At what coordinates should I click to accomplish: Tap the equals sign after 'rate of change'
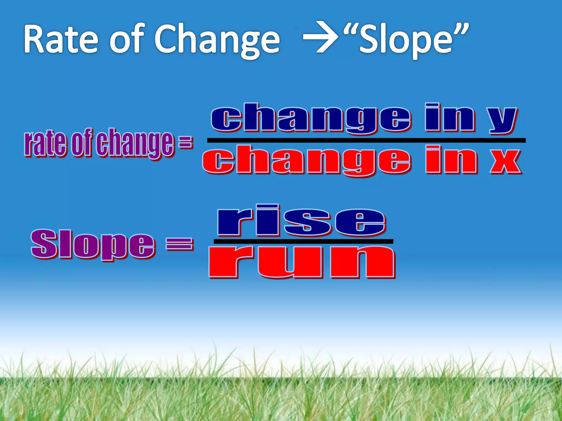point(186,143)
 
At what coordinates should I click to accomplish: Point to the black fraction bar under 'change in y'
point(366,140)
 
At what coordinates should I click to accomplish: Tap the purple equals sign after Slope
point(180,244)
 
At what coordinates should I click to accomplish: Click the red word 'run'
point(302,262)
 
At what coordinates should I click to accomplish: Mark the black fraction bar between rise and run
point(303,241)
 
